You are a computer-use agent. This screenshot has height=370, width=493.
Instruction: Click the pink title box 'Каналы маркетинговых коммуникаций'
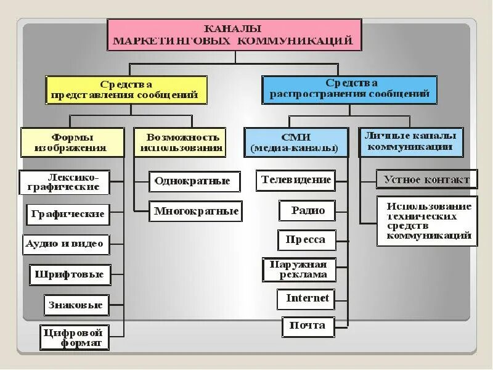coord(234,35)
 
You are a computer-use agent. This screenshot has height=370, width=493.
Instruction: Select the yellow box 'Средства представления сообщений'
coord(126,89)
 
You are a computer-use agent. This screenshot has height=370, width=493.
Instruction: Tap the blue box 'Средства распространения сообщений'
coord(349,89)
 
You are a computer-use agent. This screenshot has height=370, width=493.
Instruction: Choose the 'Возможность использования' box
coord(179,142)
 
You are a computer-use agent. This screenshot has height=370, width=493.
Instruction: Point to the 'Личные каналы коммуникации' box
coord(410,142)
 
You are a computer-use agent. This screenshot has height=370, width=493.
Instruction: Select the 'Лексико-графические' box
coord(65,182)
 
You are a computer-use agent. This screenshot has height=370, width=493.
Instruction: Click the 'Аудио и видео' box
coord(65,244)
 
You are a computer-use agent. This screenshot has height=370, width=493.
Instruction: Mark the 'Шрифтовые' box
coord(70,274)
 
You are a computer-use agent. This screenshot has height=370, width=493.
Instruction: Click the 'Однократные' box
coord(193,181)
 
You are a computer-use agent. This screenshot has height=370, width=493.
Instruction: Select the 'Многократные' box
coord(196,211)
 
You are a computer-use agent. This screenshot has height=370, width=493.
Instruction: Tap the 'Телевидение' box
coord(296,181)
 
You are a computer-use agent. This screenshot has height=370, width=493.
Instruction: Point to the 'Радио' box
coord(308,210)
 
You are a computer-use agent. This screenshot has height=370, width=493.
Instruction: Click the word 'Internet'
coord(308,299)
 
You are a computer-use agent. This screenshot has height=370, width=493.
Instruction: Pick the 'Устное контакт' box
coord(426,180)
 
